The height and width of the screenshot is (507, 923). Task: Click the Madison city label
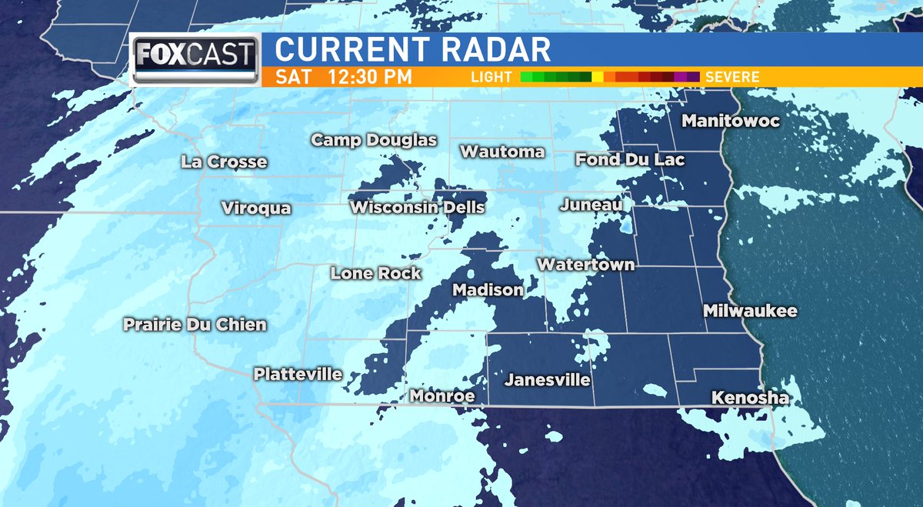coord(488,291)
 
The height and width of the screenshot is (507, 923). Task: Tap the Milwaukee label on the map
coord(750,312)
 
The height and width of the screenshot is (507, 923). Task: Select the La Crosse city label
coord(225,162)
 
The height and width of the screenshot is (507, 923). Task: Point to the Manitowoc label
coord(730,122)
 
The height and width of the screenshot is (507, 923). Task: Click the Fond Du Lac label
coord(630,160)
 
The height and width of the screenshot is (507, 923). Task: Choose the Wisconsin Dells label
coord(417,208)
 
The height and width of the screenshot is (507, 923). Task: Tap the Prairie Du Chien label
coord(195,325)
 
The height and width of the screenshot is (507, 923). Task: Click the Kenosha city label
coord(750,399)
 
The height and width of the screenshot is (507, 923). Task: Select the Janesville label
coord(547,380)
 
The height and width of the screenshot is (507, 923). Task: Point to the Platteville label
coord(298,375)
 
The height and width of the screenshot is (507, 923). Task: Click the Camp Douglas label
coord(374,140)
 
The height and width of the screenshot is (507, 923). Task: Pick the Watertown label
coord(585,265)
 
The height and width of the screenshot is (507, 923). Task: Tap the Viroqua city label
coord(256,208)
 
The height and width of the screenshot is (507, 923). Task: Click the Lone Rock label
coord(375,273)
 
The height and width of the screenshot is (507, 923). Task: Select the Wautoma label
coord(502,152)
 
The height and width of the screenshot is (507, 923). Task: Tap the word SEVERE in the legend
coord(731,77)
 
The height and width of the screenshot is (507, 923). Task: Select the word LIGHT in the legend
coord(492,77)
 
